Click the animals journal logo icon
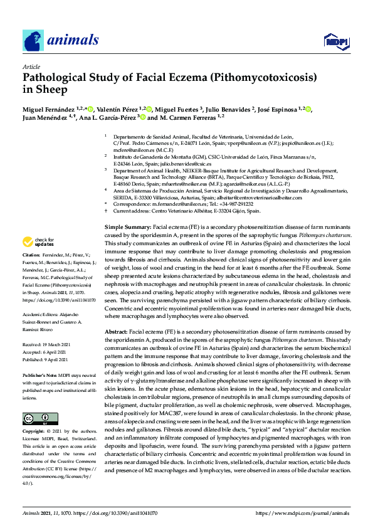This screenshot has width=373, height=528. (x=33, y=41)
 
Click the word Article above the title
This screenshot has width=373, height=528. (x=31, y=66)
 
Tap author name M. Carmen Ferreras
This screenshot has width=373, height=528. (x=188, y=117)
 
